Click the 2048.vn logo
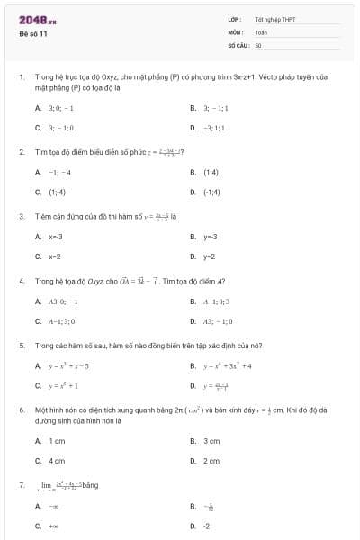pos(37,19)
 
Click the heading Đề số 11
pos(32,33)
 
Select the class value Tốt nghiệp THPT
pos(274,19)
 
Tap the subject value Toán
pos(261,31)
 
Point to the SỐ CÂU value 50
pos(258,44)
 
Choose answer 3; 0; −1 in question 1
pos(55,107)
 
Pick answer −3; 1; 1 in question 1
pos(215,128)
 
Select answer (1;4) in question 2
pos(211,172)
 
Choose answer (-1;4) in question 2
pos(211,192)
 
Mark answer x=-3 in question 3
pos(56,237)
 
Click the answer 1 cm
pos(57,441)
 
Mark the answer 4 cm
pos(57,461)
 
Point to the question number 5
pos(21,345)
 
